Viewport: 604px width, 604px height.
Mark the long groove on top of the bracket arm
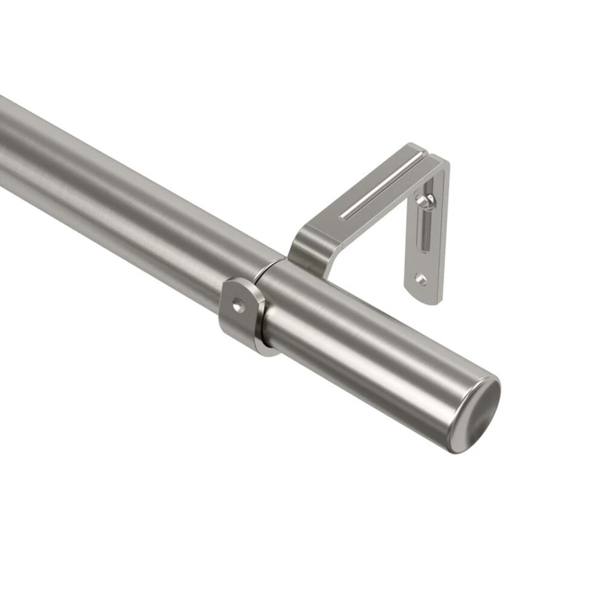pos(381,186)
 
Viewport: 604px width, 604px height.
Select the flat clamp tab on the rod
pos(239,311)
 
